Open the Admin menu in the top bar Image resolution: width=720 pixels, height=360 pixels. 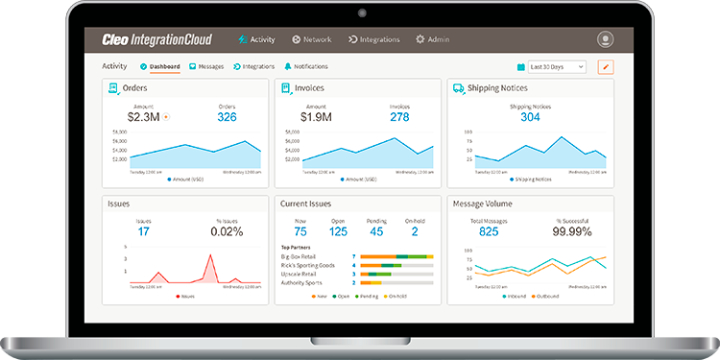click(432, 39)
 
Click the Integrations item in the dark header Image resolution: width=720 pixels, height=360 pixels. click(373, 39)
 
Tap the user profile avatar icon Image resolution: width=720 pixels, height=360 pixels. click(605, 39)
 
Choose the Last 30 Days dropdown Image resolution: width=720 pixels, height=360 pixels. click(557, 67)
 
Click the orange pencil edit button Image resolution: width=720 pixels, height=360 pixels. click(605, 67)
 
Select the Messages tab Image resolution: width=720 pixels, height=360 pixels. click(206, 66)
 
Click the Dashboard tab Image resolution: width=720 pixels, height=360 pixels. click(160, 66)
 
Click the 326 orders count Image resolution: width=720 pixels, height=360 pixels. click(227, 117)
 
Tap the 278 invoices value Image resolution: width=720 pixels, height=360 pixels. click(399, 117)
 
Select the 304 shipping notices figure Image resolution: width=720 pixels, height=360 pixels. click(530, 117)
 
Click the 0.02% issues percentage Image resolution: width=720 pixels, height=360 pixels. click(227, 231)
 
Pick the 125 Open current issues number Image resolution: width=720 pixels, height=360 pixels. click(338, 231)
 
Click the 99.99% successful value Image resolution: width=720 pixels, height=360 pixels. click(572, 231)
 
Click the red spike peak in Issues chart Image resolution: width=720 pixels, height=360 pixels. click(209, 256)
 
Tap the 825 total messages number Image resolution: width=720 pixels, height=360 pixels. click(489, 231)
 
